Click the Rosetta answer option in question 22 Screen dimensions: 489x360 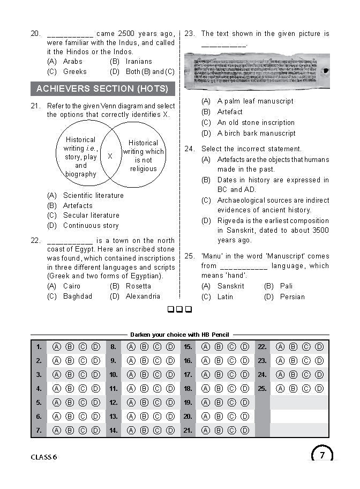click(138, 286)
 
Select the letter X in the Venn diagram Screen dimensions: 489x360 click(110, 156)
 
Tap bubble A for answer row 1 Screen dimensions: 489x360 click(56, 347)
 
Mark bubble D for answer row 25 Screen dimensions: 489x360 click(319, 388)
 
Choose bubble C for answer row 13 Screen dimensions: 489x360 click(157, 416)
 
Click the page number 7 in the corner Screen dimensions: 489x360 click(322, 456)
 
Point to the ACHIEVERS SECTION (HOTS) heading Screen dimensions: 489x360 click(102, 88)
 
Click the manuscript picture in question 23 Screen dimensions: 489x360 click(257, 71)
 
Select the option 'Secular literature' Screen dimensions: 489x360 click(91, 216)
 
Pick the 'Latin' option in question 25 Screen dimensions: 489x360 click(225, 297)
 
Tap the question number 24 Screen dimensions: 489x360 click(189, 149)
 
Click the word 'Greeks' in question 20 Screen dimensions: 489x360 click(74, 72)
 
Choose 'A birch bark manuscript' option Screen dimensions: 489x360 click(256, 134)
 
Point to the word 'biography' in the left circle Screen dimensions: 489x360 click(81, 174)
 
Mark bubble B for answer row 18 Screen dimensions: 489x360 click(219, 388)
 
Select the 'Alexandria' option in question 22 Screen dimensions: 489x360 click(142, 297)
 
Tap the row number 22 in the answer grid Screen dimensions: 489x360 click(262, 347)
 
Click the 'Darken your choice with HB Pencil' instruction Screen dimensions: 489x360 click(179, 335)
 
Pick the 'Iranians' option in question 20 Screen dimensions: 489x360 click(139, 62)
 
